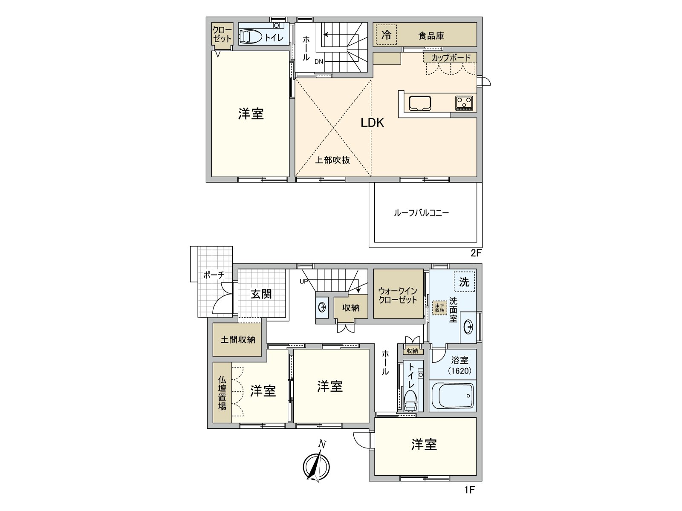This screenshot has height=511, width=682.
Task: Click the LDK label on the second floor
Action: [372, 123]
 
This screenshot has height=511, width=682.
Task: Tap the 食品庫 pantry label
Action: [431, 36]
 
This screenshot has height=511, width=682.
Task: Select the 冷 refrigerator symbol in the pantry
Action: [386, 35]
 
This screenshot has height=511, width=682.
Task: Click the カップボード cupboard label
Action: [451, 57]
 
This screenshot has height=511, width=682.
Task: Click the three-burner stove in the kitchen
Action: [464, 103]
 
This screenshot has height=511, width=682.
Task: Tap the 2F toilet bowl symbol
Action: [251, 37]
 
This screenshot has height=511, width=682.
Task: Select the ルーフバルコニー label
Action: [421, 212]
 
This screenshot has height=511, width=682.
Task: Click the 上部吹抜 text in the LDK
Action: [332, 160]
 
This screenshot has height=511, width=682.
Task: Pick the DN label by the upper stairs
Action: [319, 62]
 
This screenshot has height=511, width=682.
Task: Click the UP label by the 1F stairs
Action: [303, 281]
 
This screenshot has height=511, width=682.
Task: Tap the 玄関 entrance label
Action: [261, 294]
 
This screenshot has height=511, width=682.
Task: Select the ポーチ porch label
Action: [214, 275]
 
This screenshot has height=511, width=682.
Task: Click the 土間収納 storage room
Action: [237, 340]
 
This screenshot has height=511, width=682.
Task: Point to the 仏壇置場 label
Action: [222, 393]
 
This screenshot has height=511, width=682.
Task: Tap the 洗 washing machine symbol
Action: [464, 281]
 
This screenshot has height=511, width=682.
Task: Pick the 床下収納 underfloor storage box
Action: [439, 308]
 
